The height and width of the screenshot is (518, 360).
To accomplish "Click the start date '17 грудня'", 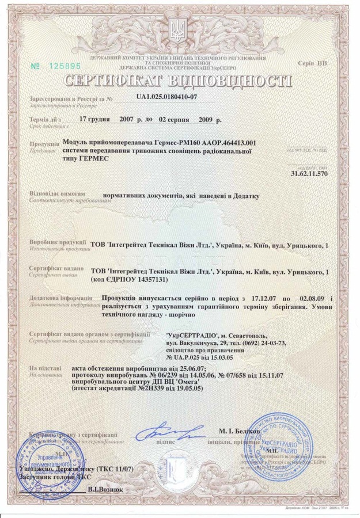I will pos(99,120).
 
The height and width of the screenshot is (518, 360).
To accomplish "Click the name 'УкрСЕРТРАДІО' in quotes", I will pos(191,334).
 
